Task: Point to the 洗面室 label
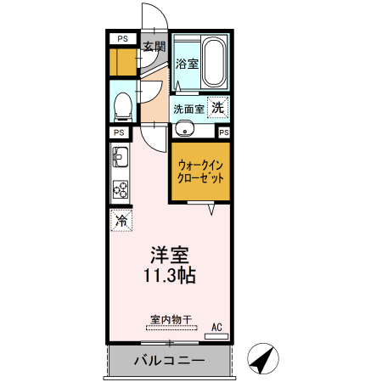click(x=188, y=109)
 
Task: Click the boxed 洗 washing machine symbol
click(x=218, y=108)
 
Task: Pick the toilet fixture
click(x=123, y=105)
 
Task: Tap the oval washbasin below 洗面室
click(x=185, y=131)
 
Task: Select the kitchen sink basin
click(x=120, y=158)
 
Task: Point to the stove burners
click(x=121, y=189)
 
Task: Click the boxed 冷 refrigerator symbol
click(x=121, y=221)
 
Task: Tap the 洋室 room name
click(x=169, y=255)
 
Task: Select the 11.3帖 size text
click(x=171, y=275)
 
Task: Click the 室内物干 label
click(x=171, y=320)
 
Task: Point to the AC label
click(x=216, y=326)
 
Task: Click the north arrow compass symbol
click(x=263, y=360)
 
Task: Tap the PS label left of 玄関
click(x=123, y=39)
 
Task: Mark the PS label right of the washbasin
click(x=224, y=132)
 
